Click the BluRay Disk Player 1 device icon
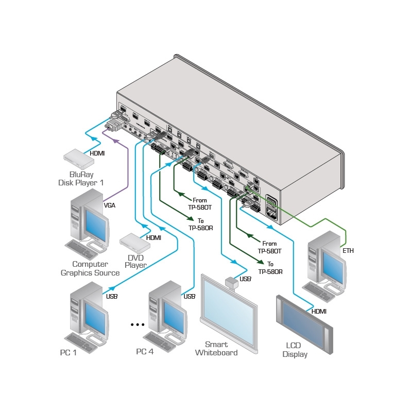click(x=79, y=158)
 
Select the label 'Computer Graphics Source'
click(x=90, y=269)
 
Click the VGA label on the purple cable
click(x=109, y=205)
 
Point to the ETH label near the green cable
click(x=348, y=251)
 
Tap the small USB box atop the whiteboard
click(x=230, y=281)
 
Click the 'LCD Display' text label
click(x=295, y=350)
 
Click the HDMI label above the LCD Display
click(x=319, y=312)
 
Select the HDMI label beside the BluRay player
click(x=97, y=153)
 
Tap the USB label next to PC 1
click(x=112, y=297)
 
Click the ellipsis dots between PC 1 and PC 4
click(x=138, y=325)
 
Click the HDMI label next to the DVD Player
click(x=153, y=238)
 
